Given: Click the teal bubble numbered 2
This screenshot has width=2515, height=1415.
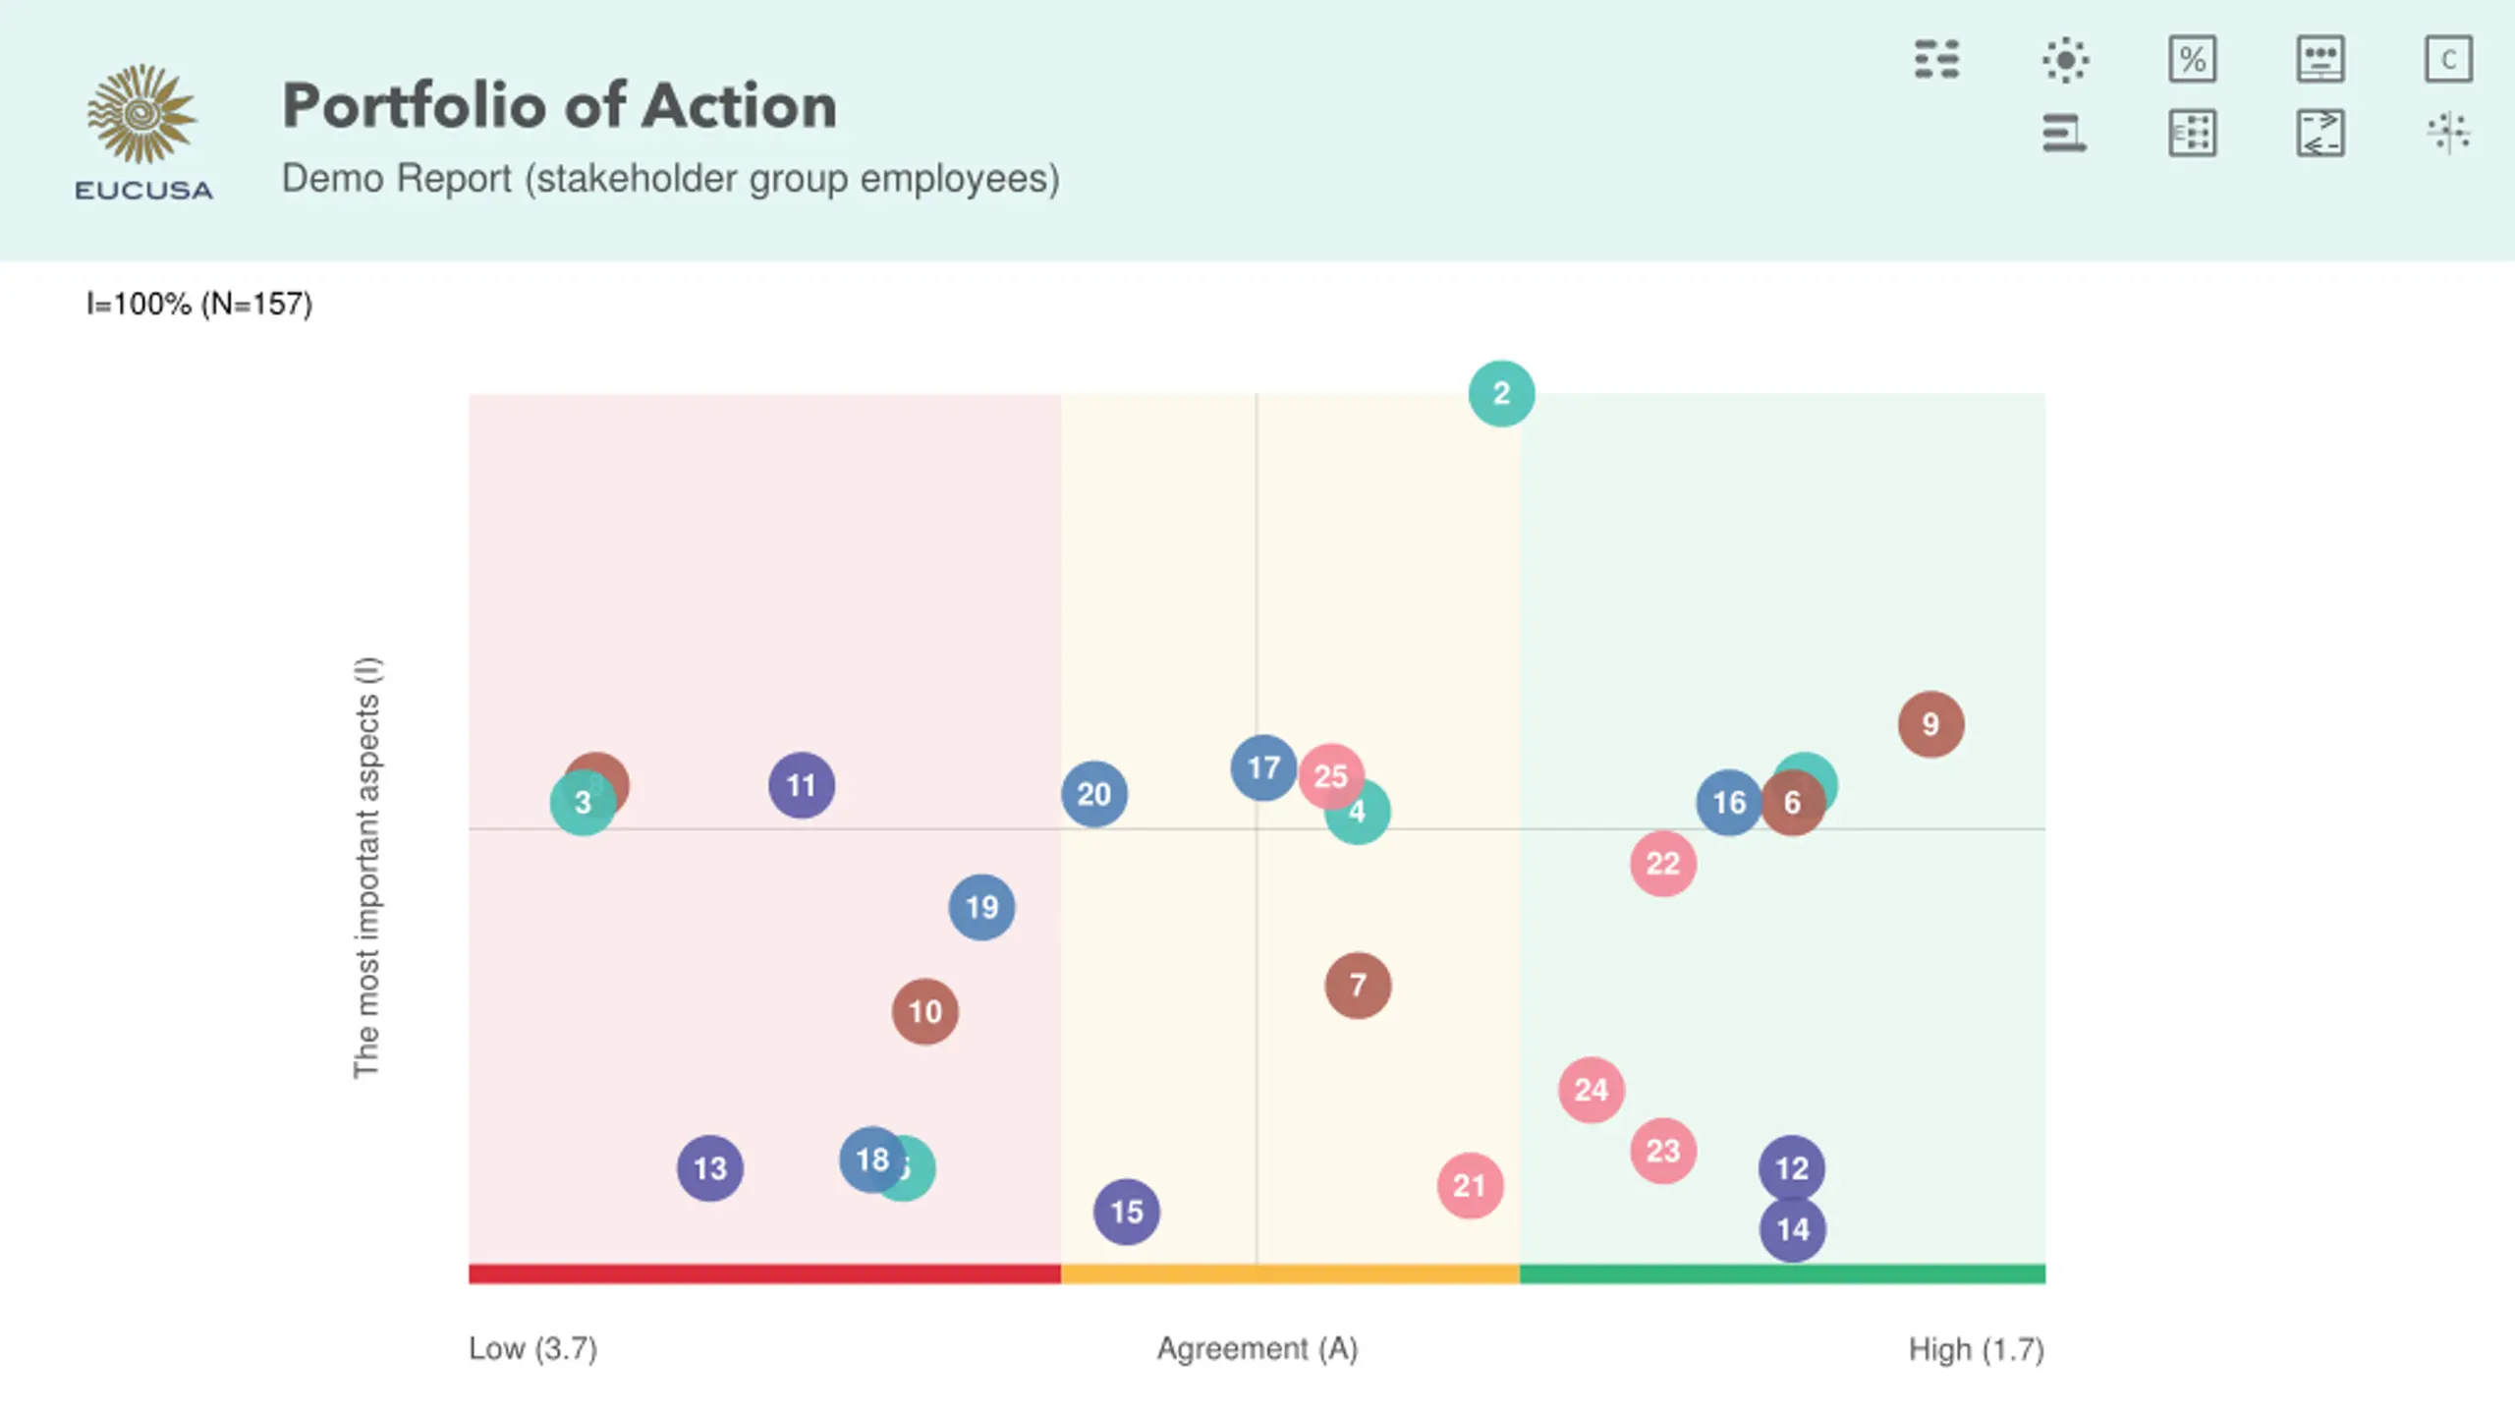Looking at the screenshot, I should pos(1501,394).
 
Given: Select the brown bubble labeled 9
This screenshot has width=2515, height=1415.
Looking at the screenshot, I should pos(1930,724).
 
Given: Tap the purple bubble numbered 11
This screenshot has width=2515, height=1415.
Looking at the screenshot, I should pos(802,785).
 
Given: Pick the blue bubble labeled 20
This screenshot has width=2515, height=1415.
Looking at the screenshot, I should pos(1093,794).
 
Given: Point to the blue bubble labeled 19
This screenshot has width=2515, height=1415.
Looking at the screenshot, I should pos(981,907).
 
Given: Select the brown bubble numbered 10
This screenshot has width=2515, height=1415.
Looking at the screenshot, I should pos(924,1011).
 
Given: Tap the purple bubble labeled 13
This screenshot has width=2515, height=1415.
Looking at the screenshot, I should pos(710,1168).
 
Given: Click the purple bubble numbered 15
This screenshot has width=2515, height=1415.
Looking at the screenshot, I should pos(1126,1212).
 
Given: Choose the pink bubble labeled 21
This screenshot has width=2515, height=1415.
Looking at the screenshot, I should pos(1470,1186).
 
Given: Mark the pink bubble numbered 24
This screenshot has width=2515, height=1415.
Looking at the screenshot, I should pos(1591,1090).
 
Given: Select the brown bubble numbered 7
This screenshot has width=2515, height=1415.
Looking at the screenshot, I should pos(1358,985).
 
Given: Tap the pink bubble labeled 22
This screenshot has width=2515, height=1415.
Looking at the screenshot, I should pos(1662,864).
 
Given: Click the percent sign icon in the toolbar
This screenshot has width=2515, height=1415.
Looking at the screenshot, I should pos(2193,60).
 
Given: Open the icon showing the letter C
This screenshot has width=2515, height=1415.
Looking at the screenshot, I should pos(2448,60).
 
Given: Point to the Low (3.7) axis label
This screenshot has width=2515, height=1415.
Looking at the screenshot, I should pos(532,1348).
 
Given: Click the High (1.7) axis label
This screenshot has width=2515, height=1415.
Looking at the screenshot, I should pos(1976,1349).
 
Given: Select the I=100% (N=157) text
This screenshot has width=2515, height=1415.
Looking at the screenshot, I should pos(199,304).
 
